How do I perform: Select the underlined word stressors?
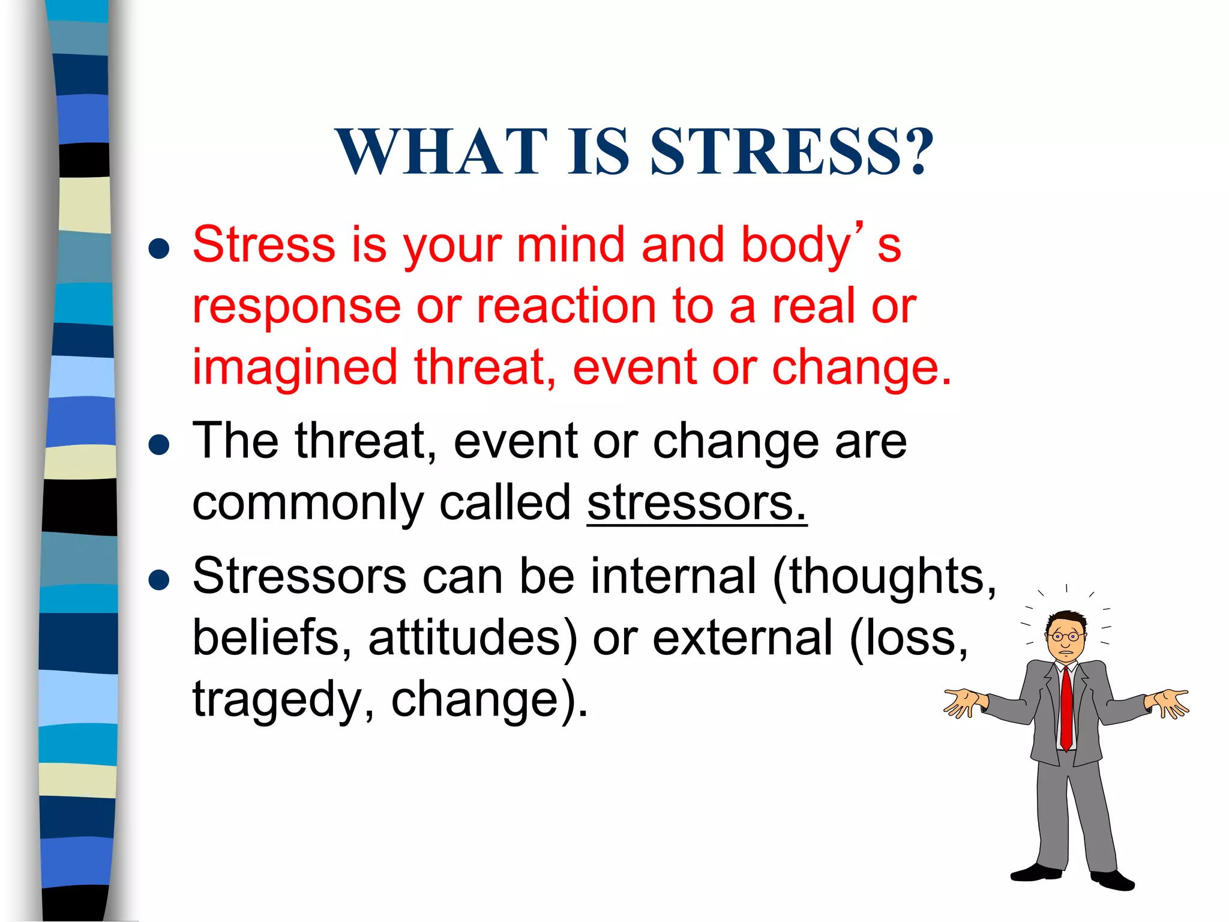click(x=696, y=503)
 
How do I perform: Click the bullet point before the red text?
click(x=159, y=248)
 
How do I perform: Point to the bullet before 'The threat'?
click(x=159, y=445)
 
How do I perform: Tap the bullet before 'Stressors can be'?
click(x=159, y=580)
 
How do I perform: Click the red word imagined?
click(x=295, y=367)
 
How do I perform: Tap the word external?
click(x=743, y=638)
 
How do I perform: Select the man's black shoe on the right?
click(x=1113, y=879)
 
